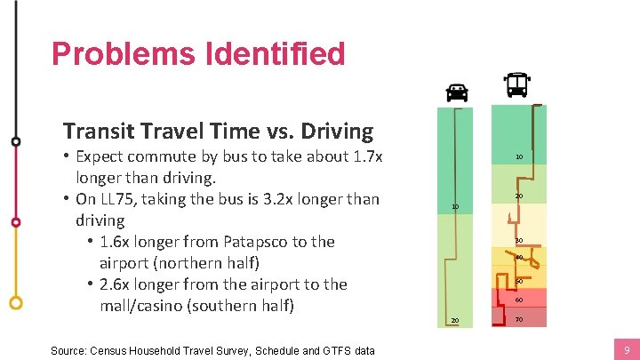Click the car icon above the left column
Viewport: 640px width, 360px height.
[x=457, y=92]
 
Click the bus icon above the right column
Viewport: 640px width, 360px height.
[x=516, y=85]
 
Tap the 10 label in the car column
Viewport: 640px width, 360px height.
[x=454, y=207]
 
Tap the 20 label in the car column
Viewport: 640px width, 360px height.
[x=454, y=320]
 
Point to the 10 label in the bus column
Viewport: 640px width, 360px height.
[x=519, y=157]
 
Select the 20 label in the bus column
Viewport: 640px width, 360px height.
[x=519, y=196]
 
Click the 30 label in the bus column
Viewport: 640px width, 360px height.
[x=519, y=241]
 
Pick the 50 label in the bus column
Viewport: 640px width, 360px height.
[x=519, y=282]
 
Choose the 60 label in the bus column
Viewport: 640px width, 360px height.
[x=519, y=300]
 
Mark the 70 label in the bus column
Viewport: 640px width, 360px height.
[x=519, y=319]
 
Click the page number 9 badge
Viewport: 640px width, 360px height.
[x=627, y=350]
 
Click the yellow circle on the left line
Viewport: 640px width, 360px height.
[x=15, y=302]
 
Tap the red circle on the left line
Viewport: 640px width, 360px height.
[x=15, y=221]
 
